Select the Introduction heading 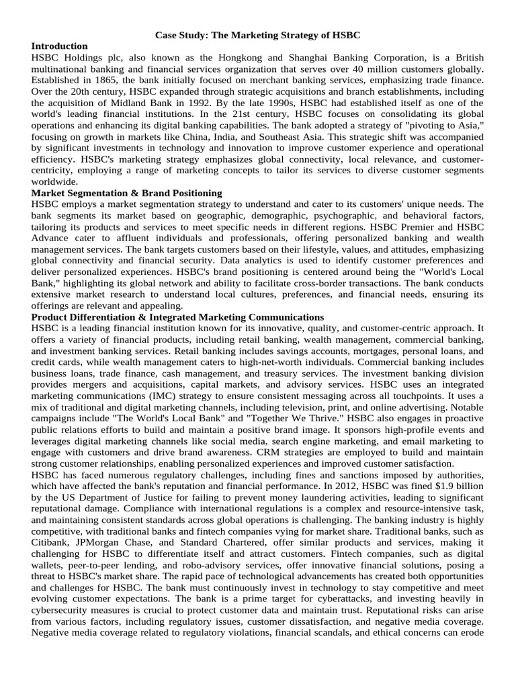59,46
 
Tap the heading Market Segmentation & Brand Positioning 126,193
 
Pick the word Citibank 51,543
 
